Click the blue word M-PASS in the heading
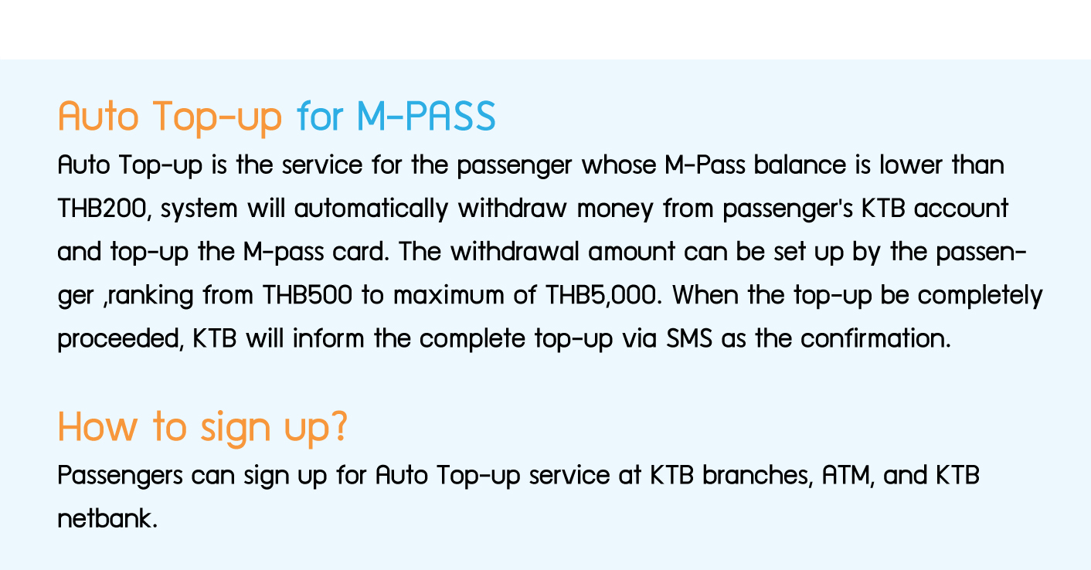coord(427,116)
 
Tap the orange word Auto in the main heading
coord(98,116)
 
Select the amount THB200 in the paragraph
coord(102,209)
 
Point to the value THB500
coord(308,295)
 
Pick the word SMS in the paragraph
coord(688,338)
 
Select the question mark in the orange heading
coord(340,426)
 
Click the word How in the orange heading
coord(97,427)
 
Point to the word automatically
coord(371,209)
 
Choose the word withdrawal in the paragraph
coord(515,252)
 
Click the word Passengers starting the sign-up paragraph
coord(120,476)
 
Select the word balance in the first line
coord(800,165)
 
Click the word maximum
coord(448,295)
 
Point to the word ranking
coord(150,296)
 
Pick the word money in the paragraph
coord(615,209)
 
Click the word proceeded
coord(118,339)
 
